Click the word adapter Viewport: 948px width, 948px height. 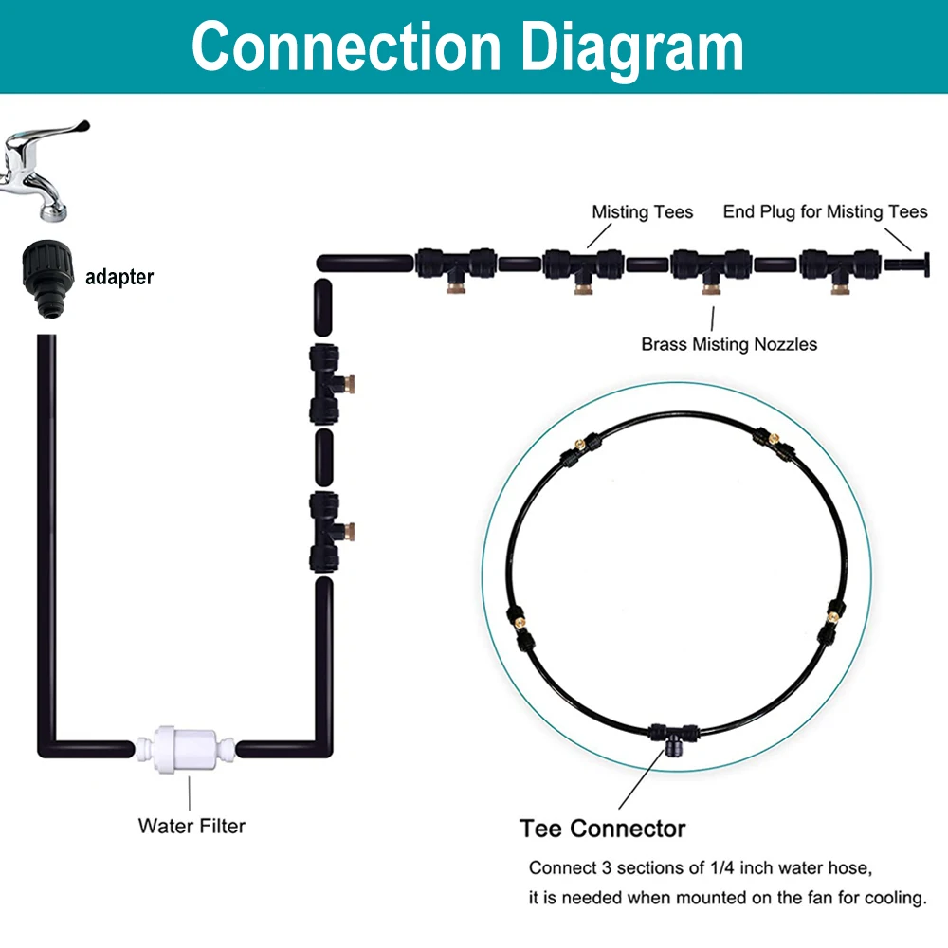pos(119,278)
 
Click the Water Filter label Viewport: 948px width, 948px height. pos(191,826)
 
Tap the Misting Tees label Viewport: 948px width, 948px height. pos(642,211)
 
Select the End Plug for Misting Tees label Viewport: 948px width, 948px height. pos(825,211)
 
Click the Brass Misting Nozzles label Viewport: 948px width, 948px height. pos(729,344)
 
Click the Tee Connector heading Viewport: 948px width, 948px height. pos(602,829)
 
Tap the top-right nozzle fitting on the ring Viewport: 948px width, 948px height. pos(771,442)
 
